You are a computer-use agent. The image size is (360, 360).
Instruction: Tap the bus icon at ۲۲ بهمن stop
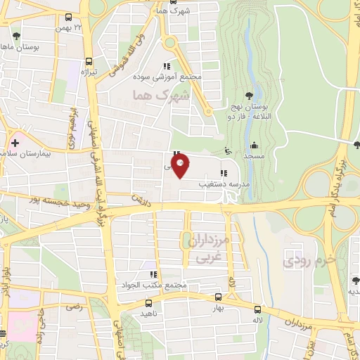68,17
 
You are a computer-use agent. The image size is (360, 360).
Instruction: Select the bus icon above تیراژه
89,60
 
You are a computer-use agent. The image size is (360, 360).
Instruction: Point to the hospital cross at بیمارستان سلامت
15,143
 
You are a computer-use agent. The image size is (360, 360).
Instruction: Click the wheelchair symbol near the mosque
226,149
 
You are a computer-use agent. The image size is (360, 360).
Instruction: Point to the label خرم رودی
305,262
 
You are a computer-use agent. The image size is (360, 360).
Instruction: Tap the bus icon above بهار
218,297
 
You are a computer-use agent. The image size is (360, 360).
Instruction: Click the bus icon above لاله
257,309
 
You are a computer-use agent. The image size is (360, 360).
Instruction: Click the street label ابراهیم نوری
72,127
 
